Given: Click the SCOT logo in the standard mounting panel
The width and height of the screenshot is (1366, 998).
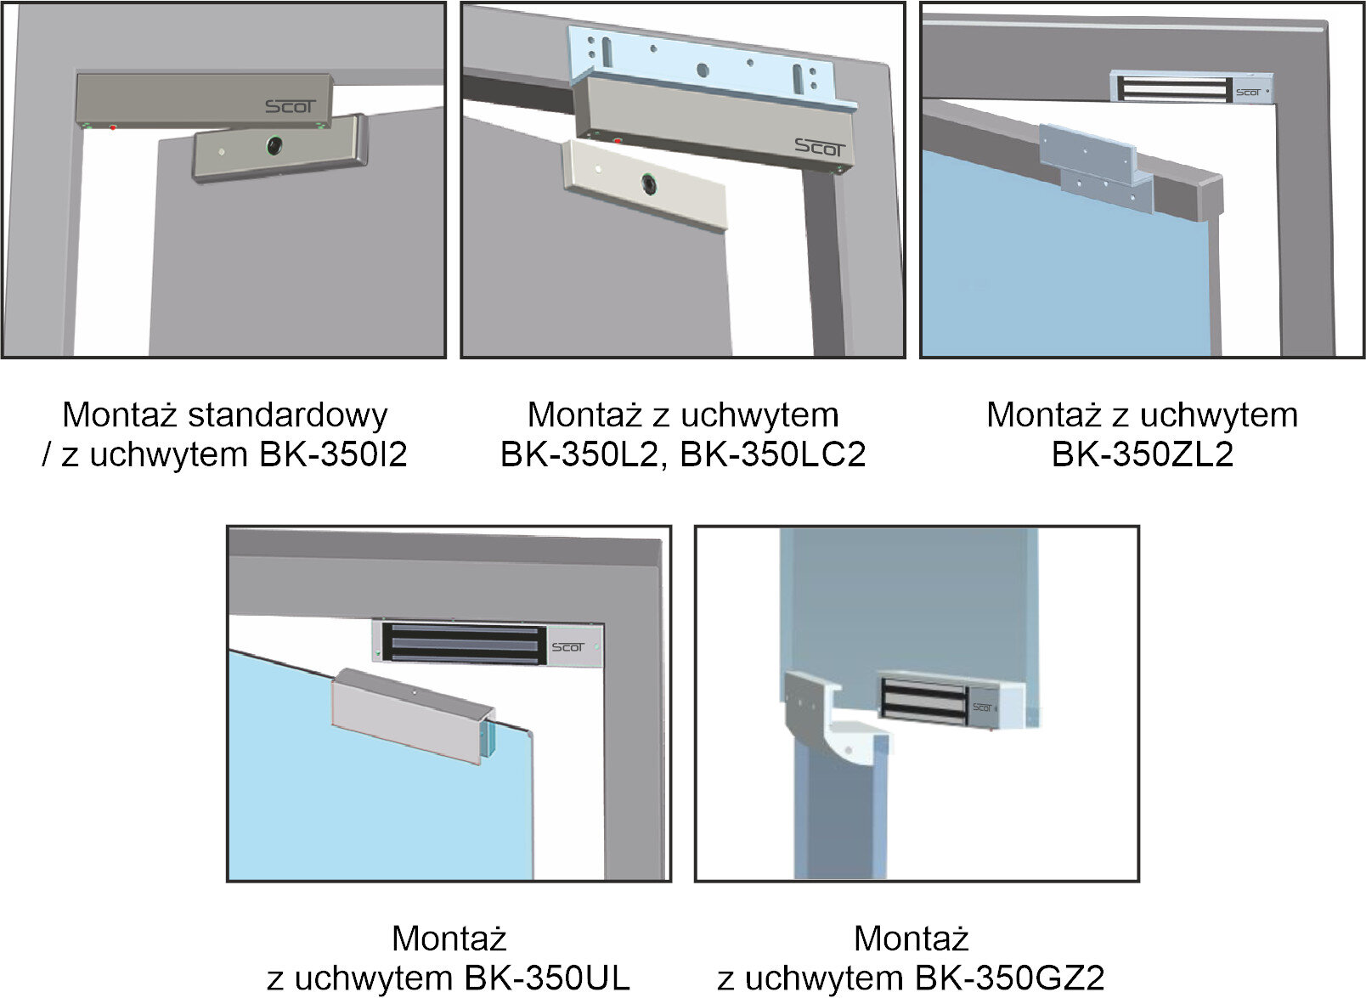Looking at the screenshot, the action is pos(291,107).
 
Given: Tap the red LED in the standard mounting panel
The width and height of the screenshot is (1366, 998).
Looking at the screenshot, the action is pos(113,127).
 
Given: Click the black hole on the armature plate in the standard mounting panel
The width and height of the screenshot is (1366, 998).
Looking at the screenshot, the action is pos(274,145).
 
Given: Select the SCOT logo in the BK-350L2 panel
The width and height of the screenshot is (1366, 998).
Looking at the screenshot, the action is pos(820,148).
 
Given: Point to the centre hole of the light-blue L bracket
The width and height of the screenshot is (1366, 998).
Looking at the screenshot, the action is pos(703,70).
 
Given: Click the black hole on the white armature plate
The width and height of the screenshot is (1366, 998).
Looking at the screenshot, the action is pos(650,183).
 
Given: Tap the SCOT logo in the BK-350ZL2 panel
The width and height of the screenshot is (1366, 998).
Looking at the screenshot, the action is pos(1248,93).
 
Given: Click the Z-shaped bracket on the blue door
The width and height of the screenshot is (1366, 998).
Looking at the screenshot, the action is pos(1096,170).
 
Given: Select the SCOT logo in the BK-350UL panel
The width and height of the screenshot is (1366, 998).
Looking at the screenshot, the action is pos(567,647).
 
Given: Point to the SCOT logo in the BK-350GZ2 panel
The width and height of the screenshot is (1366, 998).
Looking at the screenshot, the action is pos(982,708).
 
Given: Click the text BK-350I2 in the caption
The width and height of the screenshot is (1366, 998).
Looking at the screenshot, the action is pos(333,454).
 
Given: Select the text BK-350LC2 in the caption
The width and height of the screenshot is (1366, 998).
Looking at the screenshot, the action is pos(773,454).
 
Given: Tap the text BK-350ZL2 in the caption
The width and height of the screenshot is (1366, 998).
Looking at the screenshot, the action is pos(1143,454).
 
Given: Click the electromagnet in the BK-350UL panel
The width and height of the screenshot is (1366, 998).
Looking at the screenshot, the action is pos(488,643).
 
